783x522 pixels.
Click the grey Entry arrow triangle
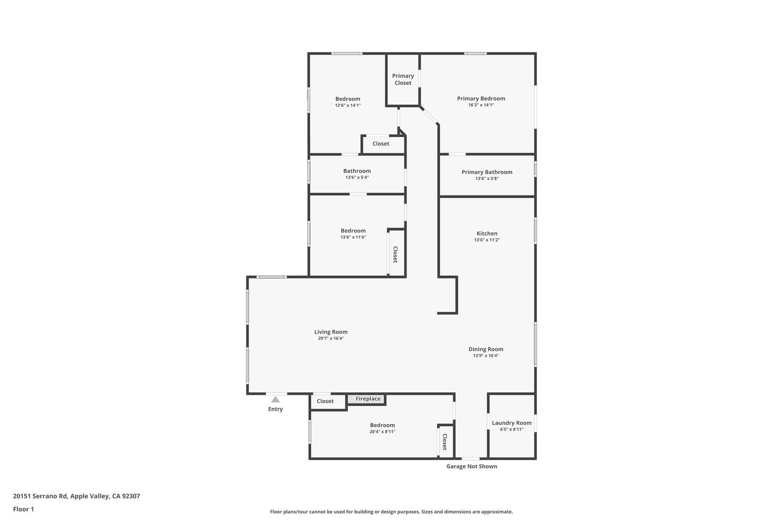(275, 400)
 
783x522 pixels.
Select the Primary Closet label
(403, 79)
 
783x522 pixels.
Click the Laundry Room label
(512, 423)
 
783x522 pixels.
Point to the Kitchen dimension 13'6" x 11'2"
(487, 240)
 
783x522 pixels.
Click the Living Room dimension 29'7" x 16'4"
(331, 338)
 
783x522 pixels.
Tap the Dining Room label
(486, 349)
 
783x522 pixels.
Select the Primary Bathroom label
(487, 172)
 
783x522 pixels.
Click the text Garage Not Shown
(471, 466)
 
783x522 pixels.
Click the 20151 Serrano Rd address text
(76, 496)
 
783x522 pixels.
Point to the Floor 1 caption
(23, 509)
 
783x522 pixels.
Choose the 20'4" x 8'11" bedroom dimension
(382, 432)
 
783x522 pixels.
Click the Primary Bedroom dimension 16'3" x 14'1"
(481, 105)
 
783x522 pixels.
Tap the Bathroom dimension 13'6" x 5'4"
(357, 177)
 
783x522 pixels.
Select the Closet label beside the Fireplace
(325, 401)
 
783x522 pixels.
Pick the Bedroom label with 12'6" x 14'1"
(348, 99)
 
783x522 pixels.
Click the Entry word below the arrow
(275, 409)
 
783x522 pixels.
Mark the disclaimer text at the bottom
(391, 512)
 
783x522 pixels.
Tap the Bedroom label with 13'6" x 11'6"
(353, 231)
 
